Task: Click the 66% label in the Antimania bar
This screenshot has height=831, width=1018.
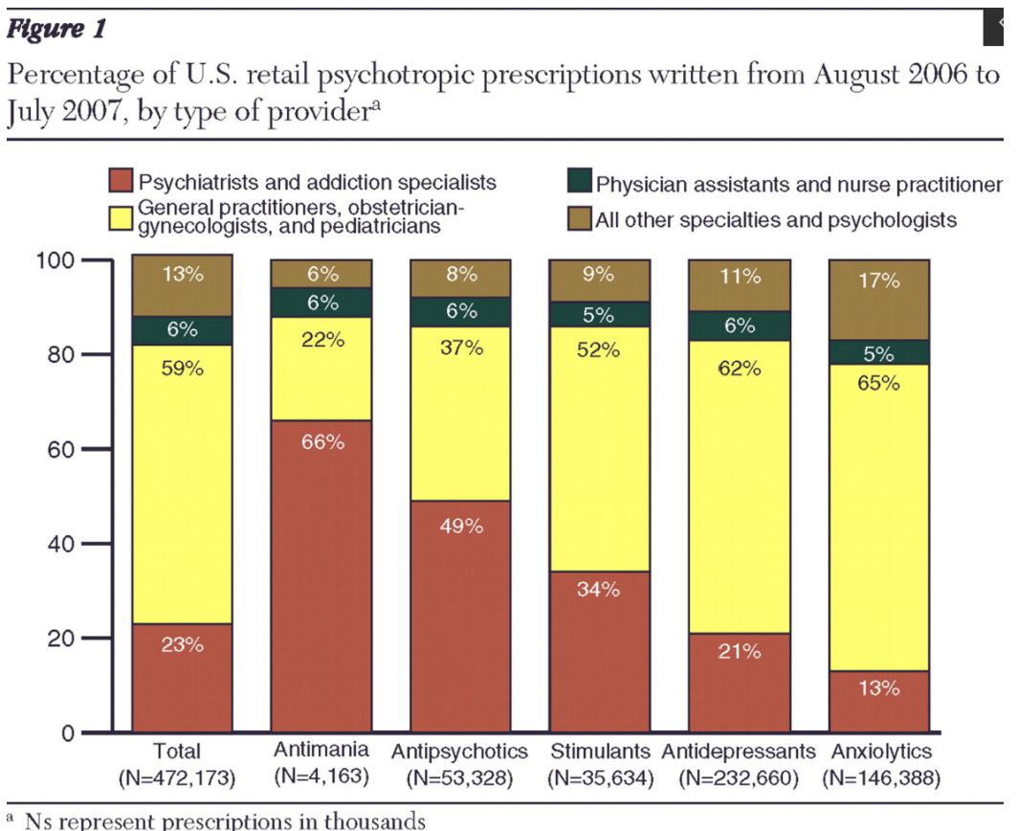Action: point(322,442)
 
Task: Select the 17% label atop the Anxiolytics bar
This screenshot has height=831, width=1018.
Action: point(878,281)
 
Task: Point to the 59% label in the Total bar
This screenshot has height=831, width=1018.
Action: point(182,368)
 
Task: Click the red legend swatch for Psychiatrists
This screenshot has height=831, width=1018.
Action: point(119,181)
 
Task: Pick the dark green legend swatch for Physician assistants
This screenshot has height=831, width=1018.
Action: point(578,183)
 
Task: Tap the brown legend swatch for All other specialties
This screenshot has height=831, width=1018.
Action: point(578,220)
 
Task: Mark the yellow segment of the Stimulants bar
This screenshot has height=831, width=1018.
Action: point(600,450)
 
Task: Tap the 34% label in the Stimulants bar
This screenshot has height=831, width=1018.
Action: point(599,591)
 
